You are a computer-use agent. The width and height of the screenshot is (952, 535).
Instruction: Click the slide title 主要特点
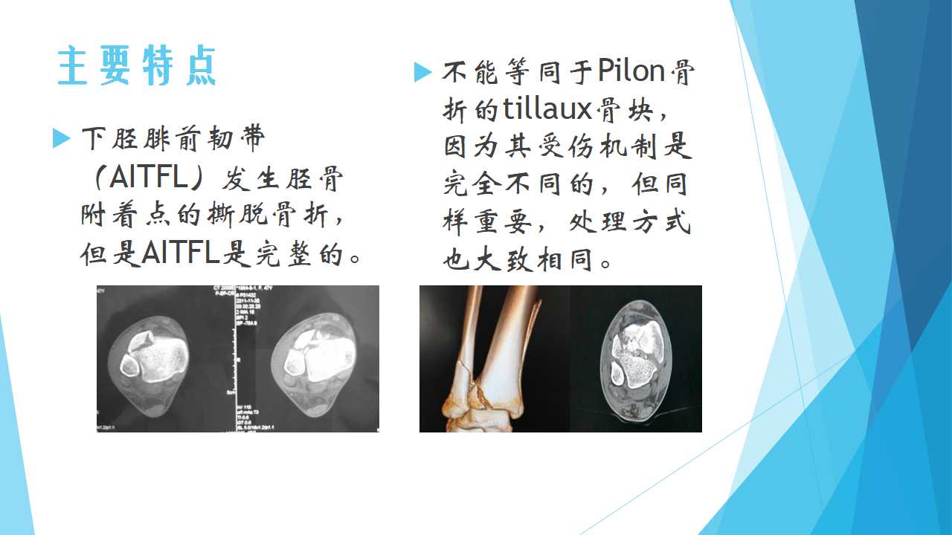[137, 66]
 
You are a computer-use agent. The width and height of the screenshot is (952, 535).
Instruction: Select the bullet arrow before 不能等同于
[422, 72]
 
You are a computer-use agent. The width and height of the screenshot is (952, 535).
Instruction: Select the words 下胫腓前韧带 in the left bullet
[173, 139]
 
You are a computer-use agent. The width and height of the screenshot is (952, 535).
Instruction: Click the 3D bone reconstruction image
[495, 359]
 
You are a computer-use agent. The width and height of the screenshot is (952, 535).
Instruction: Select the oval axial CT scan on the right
[636, 359]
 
